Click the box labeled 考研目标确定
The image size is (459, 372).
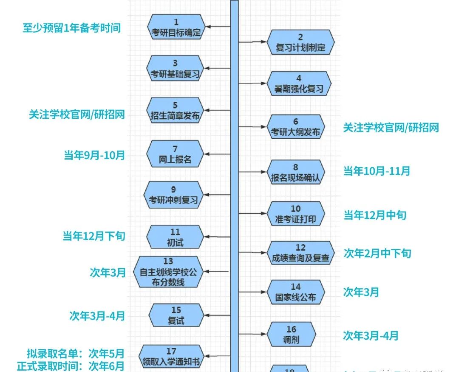176,27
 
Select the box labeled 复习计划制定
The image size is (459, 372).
300,42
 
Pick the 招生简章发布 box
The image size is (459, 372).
175,110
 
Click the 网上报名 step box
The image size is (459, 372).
175,154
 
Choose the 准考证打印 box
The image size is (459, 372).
296,214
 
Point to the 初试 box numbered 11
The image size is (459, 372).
175,238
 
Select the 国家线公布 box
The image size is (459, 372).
296,292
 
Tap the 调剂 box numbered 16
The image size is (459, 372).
291,335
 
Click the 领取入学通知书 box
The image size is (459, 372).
171,357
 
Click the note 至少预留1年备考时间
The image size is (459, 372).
72,28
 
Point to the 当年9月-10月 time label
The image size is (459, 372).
94,155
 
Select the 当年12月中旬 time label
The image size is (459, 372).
375,215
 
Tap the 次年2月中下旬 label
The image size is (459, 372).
377,254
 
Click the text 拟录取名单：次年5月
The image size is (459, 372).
76,353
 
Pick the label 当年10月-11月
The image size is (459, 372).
377,171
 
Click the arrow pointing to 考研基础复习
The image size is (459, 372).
217,68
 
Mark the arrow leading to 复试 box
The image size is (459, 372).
217,316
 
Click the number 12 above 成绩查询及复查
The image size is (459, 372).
300,247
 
